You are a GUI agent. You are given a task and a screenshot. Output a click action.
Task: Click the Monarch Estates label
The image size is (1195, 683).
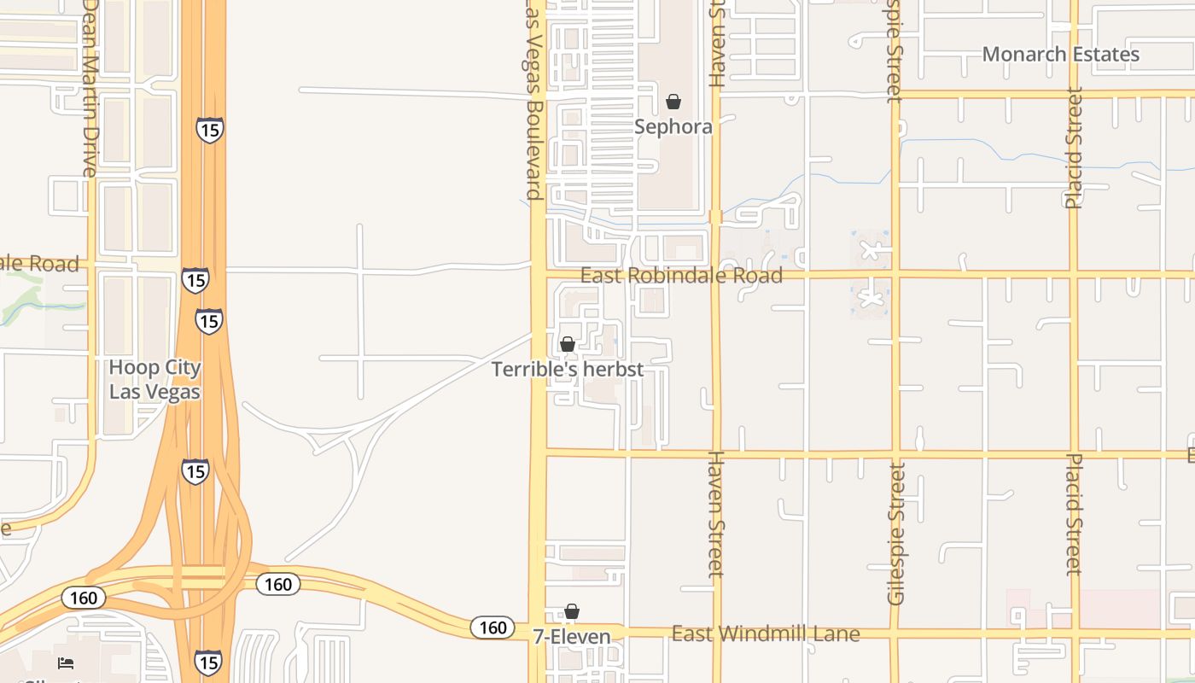coord(1060,55)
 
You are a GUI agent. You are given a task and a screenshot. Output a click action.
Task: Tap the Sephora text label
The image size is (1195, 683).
coord(673,127)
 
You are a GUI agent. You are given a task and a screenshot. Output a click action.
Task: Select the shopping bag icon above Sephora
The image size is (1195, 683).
coord(673,102)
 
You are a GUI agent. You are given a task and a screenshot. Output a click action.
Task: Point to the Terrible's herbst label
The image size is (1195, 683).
coord(568,370)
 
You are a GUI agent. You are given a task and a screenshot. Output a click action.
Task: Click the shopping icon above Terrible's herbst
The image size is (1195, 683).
coord(568,344)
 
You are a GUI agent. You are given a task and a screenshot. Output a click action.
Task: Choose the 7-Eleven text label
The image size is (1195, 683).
coord(572,637)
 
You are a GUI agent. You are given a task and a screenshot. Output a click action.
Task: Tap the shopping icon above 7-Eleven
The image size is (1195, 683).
coord(572,611)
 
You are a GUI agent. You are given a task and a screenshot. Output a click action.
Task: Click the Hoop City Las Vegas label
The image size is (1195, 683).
coord(155,380)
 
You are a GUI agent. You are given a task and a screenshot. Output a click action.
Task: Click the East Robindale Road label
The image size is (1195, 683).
coord(681,276)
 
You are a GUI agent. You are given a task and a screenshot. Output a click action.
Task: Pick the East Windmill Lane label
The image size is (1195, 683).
coord(766,634)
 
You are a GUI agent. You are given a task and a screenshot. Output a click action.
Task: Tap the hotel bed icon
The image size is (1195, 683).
coord(66,663)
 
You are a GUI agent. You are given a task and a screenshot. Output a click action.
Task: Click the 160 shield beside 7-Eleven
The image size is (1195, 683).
coord(493,628)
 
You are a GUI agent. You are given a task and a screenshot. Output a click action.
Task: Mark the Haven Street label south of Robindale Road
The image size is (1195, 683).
coord(716,514)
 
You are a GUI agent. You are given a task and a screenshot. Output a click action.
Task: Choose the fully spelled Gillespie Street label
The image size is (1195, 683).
coord(895,534)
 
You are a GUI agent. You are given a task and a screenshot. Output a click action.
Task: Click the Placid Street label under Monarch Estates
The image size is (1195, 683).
coord(1074,147)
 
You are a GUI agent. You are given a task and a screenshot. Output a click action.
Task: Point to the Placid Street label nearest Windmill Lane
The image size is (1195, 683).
coord(1074,515)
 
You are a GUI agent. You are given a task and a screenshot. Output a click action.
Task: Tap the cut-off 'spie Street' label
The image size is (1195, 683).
coord(894,51)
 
